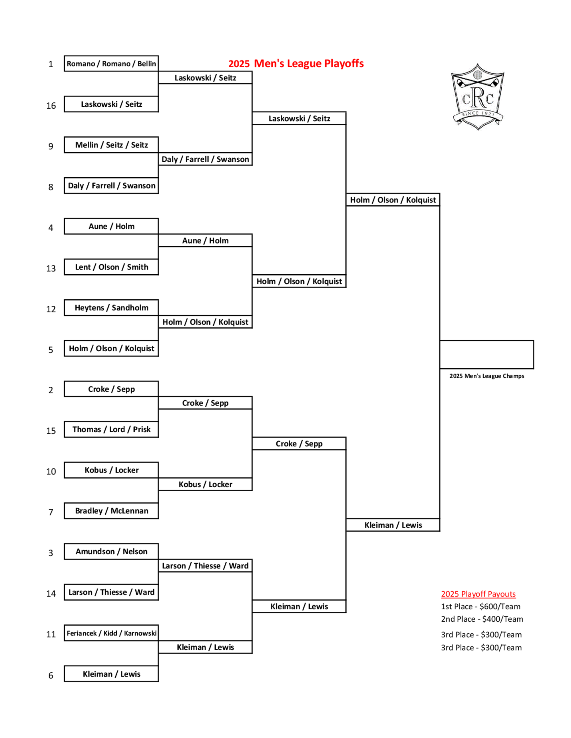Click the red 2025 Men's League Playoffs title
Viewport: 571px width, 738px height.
296,64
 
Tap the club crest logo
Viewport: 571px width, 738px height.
478,97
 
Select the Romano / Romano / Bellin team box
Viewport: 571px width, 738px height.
111,64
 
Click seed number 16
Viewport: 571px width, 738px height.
51,106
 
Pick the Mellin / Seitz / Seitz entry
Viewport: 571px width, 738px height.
111,145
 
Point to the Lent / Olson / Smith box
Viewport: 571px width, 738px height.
111,267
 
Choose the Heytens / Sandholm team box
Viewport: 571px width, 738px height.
111,307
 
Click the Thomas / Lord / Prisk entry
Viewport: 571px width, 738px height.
111,429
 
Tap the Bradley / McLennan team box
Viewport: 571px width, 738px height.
111,511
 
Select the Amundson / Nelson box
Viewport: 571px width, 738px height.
111,552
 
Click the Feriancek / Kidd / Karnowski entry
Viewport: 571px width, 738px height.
111,633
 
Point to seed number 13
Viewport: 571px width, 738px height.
51,268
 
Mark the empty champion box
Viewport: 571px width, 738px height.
487,354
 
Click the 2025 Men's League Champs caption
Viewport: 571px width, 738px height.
487,376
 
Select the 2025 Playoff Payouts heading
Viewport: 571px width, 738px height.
478,594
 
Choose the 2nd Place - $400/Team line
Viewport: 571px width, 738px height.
482,619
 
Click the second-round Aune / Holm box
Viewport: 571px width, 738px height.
205,240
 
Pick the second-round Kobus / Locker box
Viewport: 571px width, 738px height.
205,484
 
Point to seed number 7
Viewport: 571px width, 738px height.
51,512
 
